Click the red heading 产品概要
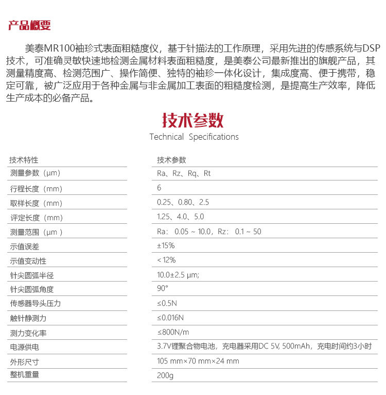coord(29,25)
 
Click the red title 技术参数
coord(193,120)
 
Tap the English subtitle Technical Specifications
coord(194,137)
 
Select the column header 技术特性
coord(24,160)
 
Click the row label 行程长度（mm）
coord(36,188)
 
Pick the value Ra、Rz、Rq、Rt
coord(184,173)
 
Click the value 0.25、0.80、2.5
coord(183,202)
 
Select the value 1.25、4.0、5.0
coord(180,217)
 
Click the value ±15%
coord(166,245)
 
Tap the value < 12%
coord(166,260)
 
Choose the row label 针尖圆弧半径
coord(32,275)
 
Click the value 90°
coord(163,288)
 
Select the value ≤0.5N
coord(167,303)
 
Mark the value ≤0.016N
coord(170,318)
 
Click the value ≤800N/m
coord(173,332)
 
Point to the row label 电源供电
coord(24,347)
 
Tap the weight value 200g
coord(165,375)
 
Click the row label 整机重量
coord(24,375)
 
